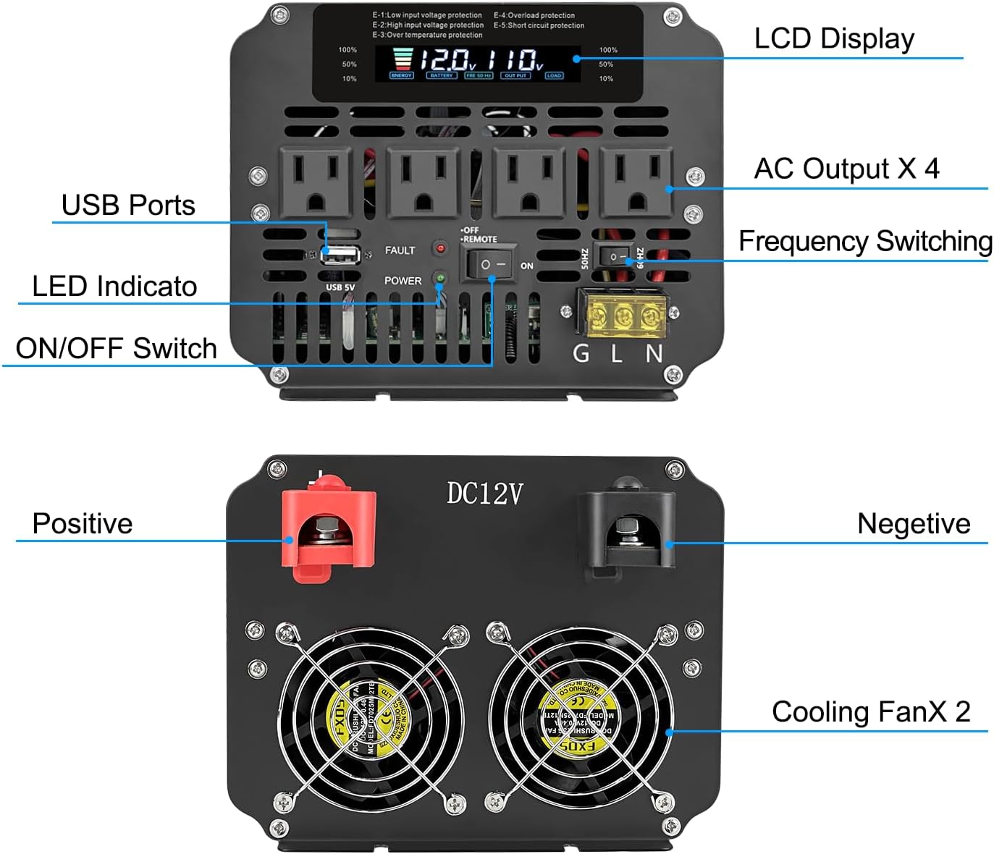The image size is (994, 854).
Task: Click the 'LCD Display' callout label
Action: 833,39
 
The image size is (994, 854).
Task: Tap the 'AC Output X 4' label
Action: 846,169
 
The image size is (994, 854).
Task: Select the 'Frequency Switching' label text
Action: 865,241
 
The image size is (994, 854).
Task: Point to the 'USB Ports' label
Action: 128,206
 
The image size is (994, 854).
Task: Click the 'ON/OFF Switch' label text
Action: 117,348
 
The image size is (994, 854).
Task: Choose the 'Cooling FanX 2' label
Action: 870,712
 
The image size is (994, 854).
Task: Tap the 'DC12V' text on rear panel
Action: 484,494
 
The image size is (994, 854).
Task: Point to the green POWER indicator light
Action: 439,278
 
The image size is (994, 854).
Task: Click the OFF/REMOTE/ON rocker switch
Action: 492,264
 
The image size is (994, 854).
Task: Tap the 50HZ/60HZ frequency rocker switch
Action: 615,257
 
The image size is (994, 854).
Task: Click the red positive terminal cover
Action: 330,526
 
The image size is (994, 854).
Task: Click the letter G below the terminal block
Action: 581,353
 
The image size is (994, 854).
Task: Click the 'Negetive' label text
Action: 913,524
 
